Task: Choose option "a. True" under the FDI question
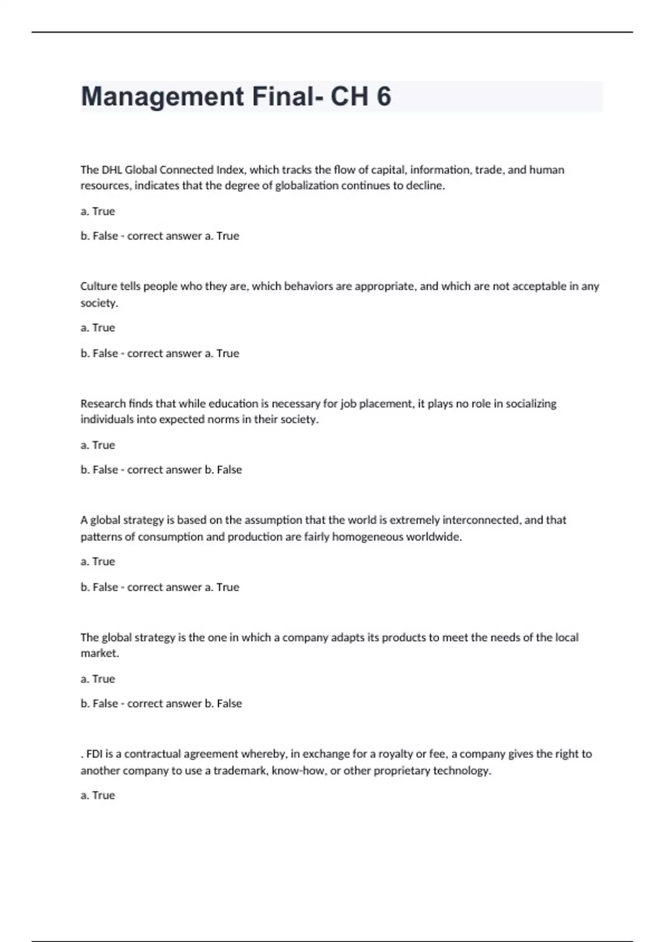(98, 795)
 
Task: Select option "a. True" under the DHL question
(98, 211)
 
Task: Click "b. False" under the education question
(99, 469)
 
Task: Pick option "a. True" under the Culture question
(98, 327)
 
